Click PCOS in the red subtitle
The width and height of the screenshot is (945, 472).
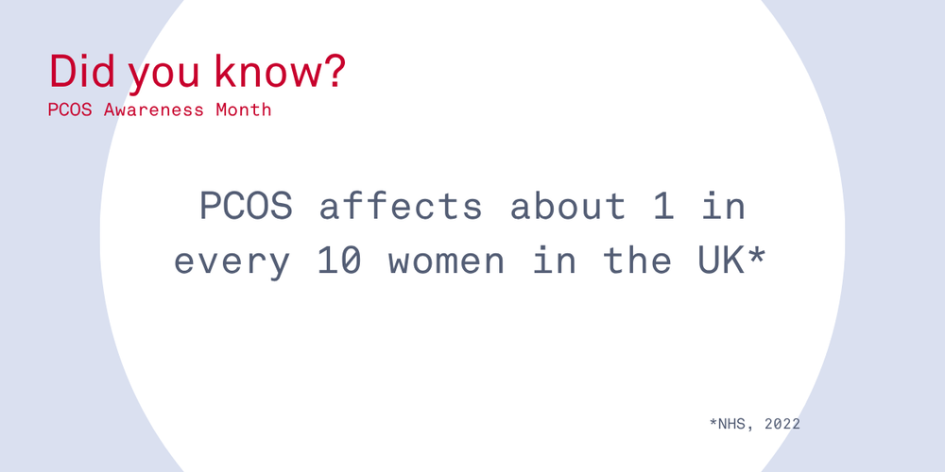click(70, 110)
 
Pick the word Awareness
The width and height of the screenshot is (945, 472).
click(154, 110)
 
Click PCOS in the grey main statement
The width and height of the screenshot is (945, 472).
click(246, 206)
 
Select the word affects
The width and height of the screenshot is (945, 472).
click(401, 206)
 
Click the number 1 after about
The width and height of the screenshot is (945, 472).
click(665, 206)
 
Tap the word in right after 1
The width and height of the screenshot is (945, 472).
click(725, 206)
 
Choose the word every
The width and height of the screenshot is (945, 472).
click(232, 262)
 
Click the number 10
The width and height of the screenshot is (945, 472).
click(340, 261)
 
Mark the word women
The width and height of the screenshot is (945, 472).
click(447, 262)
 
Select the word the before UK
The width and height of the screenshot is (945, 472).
click(638, 261)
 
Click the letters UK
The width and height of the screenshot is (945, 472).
click(721, 261)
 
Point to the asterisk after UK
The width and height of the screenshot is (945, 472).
click(756, 255)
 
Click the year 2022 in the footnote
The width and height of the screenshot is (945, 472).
click(782, 424)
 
